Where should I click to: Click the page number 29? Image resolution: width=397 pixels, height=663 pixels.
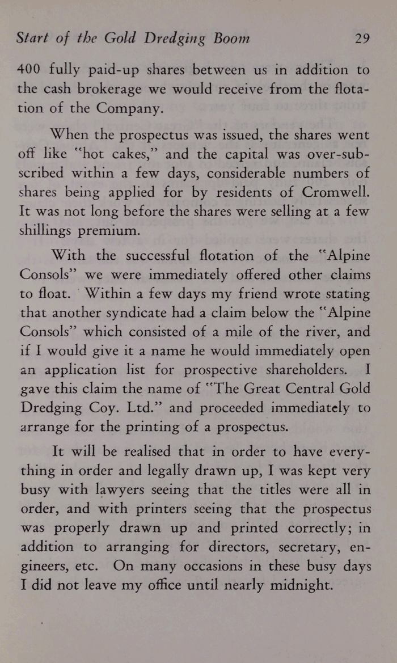point(362,39)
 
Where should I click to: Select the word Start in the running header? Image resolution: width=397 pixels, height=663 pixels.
point(33,39)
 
